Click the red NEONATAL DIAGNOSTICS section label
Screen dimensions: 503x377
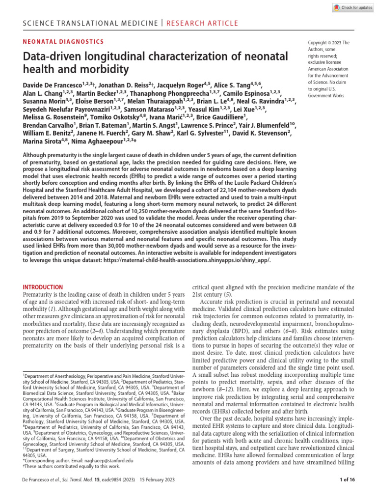coord(63,42)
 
